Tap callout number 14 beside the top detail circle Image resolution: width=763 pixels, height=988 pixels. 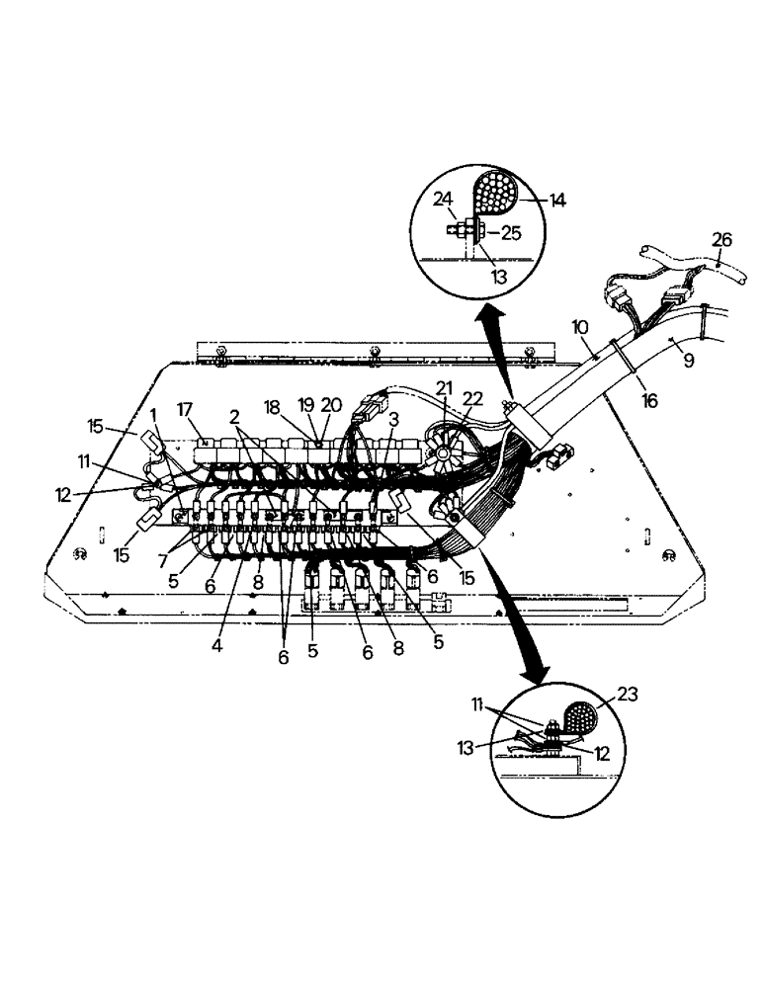pyautogui.click(x=557, y=201)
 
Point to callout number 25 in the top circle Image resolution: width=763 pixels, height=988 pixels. pyautogui.click(x=511, y=233)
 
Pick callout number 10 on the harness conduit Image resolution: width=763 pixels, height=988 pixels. pyautogui.click(x=580, y=325)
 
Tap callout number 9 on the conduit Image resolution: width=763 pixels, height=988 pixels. pyautogui.click(x=688, y=361)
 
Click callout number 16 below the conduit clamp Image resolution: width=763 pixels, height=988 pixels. pyautogui.click(x=649, y=400)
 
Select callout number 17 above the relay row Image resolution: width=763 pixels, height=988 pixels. pyautogui.click(x=184, y=409)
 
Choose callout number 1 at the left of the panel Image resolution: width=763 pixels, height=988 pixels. pyautogui.click(x=154, y=412)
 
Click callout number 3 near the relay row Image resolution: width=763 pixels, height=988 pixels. pyautogui.click(x=393, y=418)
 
